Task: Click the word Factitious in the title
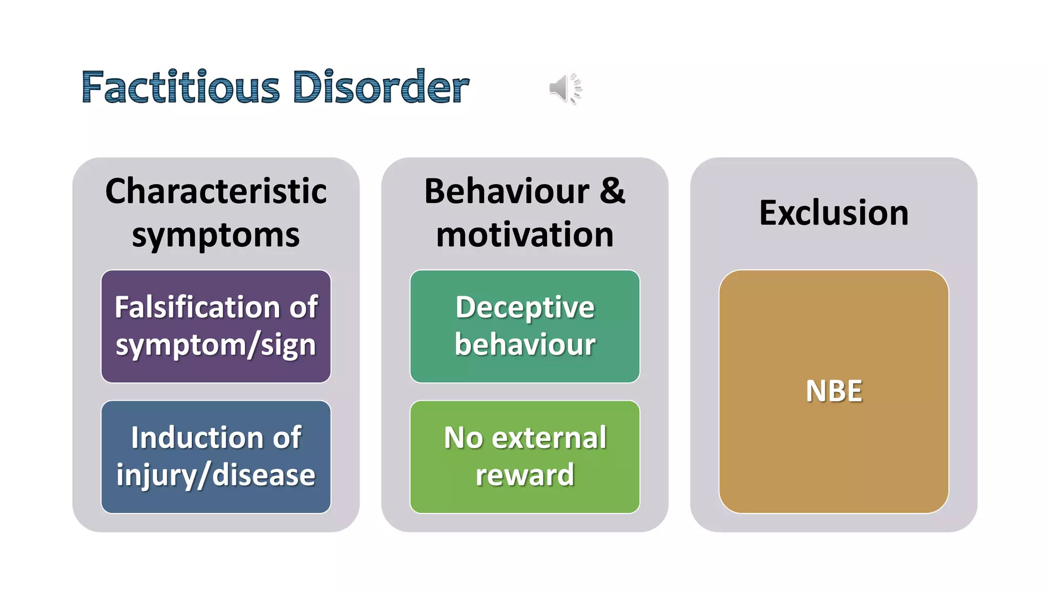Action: pos(180,87)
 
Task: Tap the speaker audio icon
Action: pos(565,88)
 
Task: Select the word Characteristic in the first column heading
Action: pos(216,191)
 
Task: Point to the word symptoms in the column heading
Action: pos(216,236)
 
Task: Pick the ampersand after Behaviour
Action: pos(612,191)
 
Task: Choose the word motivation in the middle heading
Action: pos(524,235)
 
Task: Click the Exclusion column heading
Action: pos(834,213)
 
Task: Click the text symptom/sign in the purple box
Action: pos(216,345)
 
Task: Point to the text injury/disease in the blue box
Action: pos(216,476)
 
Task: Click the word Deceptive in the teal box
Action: pos(524,307)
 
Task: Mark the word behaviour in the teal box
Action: pos(524,344)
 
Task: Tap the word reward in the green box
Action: pos(524,475)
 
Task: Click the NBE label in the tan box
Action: pos(834,391)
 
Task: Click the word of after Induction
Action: pos(287,438)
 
